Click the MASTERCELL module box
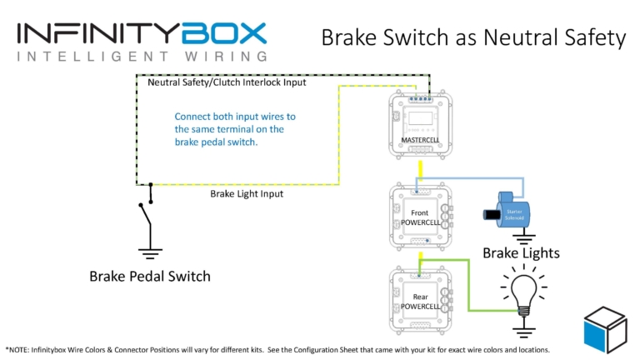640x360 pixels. coord(421,126)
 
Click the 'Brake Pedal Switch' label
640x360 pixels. coord(150,276)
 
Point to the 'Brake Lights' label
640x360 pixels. coord(521,252)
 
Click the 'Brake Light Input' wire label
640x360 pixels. coord(247,193)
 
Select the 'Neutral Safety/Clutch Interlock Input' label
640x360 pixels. coord(227,82)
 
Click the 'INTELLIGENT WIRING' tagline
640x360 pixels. coord(142,57)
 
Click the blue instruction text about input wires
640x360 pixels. coord(235,129)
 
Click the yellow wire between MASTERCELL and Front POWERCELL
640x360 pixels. coord(420,170)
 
